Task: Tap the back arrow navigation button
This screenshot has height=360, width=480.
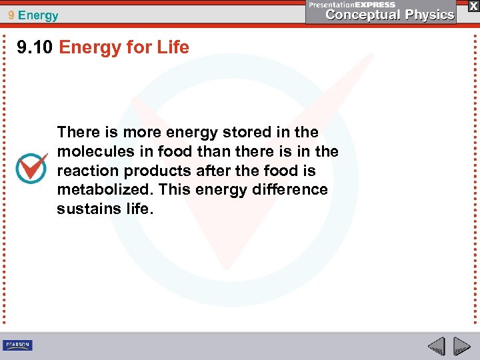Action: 436,347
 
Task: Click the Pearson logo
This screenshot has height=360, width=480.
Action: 17,345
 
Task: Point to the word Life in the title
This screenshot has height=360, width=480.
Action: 171,47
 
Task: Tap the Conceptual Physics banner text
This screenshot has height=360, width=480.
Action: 390,15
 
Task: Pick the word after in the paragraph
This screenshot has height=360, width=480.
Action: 215,171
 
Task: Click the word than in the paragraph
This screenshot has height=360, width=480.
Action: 214,151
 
